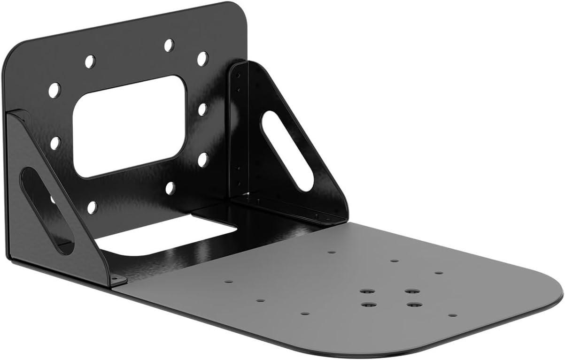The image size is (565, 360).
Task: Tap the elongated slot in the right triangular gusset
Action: (x=287, y=150)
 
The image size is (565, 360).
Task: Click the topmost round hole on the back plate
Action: (x=169, y=45)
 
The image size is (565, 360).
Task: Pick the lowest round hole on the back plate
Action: (x=92, y=207)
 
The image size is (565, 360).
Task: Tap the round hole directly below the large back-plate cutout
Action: (x=170, y=188)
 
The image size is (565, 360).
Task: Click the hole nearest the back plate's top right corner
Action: (x=202, y=59)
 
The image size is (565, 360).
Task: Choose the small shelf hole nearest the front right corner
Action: (x=452, y=315)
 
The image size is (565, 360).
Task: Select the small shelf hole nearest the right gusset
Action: (x=331, y=252)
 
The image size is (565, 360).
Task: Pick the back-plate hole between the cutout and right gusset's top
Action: (x=202, y=109)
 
